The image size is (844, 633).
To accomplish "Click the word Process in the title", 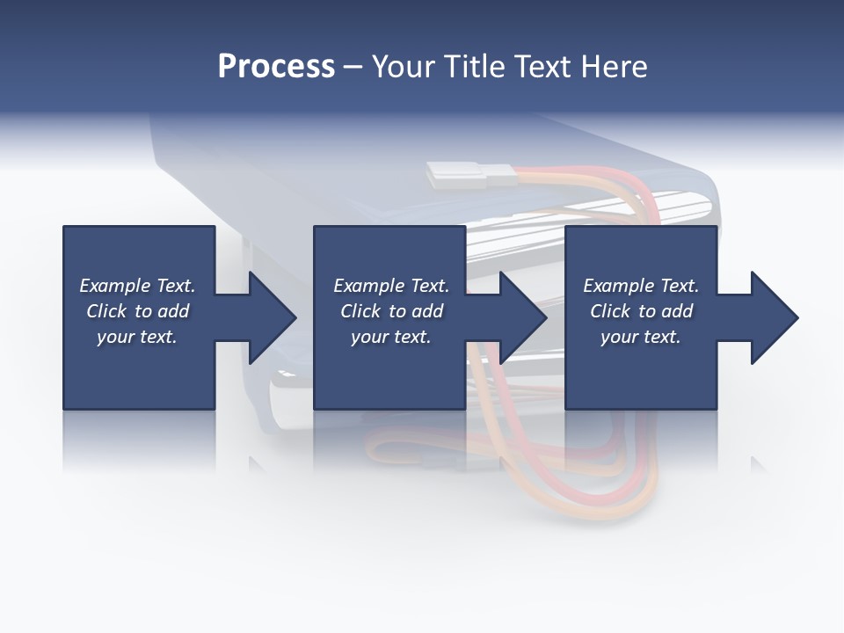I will click(276, 67).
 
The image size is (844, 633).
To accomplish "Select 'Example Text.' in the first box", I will click(137, 286).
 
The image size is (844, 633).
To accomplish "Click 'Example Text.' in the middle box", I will click(390, 286).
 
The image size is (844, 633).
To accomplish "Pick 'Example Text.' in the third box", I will click(641, 286).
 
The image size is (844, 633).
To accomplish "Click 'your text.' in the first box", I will click(137, 337).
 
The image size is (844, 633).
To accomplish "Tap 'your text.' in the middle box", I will click(390, 337).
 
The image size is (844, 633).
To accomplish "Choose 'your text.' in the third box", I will click(641, 337).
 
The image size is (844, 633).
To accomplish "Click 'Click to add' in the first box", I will click(137, 311).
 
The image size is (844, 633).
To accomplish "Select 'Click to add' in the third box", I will click(641, 311).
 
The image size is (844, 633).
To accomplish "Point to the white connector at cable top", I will click(457, 175).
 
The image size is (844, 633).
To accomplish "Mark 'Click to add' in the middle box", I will click(390, 311).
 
